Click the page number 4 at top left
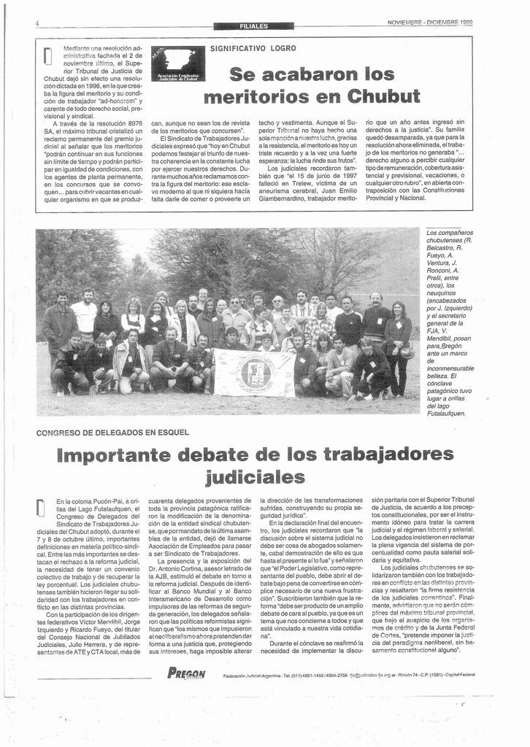pos(37,23)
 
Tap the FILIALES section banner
pos(253,26)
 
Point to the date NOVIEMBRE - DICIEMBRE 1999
pos(430,22)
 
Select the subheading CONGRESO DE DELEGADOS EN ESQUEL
pos(112,433)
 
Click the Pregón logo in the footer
pos(186,673)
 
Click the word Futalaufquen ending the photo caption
pos(446,414)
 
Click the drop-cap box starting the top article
pos(48,55)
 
